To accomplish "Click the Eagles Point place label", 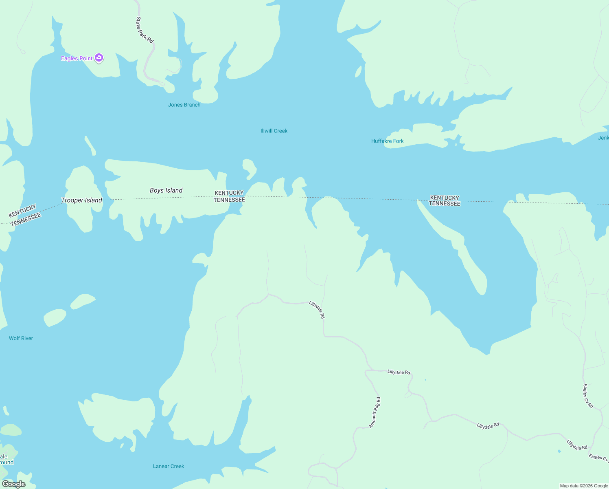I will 77,58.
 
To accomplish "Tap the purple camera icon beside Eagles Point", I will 99,58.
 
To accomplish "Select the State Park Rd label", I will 145,30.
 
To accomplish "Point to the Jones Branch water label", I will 184,105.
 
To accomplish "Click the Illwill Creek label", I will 274,131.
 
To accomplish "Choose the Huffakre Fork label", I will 387,141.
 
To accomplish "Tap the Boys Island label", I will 166,190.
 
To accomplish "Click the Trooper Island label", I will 81,200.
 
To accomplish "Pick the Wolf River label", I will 21,338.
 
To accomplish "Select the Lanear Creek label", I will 169,466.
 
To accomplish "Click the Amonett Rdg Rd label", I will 375,412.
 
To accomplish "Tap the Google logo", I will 14,484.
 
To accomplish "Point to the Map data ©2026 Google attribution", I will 584,486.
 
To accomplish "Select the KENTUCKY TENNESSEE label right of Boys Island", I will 229,196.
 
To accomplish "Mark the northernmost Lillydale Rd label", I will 317,310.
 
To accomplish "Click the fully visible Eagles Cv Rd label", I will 588,396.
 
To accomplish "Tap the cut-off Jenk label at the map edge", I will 603,138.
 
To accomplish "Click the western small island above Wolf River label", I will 55,317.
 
